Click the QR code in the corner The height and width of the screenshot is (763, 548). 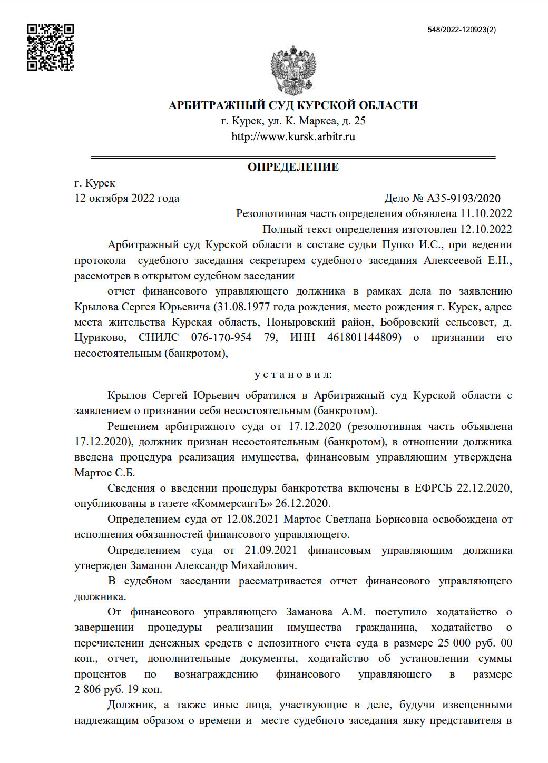(x=51, y=47)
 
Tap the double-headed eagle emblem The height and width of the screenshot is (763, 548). (x=293, y=71)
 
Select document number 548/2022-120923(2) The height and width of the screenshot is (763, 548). (x=462, y=30)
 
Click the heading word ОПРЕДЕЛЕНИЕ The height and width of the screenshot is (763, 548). (x=293, y=167)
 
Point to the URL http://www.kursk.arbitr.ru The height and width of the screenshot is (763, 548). (x=293, y=136)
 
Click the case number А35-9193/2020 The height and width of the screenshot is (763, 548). (x=463, y=198)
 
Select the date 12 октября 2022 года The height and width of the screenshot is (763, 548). (x=127, y=198)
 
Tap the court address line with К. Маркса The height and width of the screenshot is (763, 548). (x=293, y=121)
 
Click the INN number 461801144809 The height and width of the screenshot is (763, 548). (x=364, y=337)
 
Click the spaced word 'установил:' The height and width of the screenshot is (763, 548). (x=293, y=375)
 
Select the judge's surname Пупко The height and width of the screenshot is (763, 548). (x=398, y=244)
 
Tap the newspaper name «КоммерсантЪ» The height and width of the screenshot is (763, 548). (x=234, y=503)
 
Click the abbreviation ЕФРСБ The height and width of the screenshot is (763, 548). (x=433, y=488)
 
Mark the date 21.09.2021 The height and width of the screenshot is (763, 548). (x=271, y=550)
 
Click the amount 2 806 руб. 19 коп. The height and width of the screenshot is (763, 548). (x=118, y=689)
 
